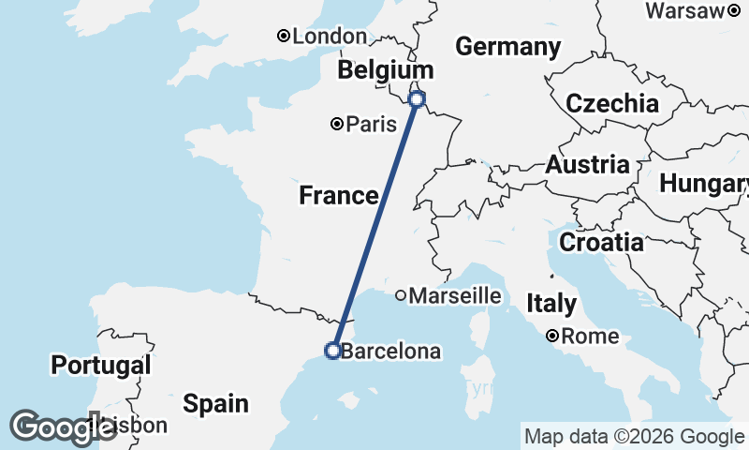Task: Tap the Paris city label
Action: point(365,124)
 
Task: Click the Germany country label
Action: point(507,47)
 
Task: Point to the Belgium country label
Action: point(386,70)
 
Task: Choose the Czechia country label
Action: point(611,103)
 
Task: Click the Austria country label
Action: point(588,165)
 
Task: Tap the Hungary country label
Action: point(704,184)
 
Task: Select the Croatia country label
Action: point(601,243)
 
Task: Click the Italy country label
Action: point(551,304)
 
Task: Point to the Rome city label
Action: point(591,336)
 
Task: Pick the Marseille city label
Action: point(455,295)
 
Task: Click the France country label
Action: point(338,196)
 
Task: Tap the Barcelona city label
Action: point(389,352)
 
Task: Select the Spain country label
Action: point(216,404)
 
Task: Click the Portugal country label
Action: point(101,365)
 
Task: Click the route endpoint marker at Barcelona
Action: point(331,351)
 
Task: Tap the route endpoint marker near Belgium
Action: point(418,98)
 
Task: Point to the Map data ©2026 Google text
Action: point(634,436)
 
